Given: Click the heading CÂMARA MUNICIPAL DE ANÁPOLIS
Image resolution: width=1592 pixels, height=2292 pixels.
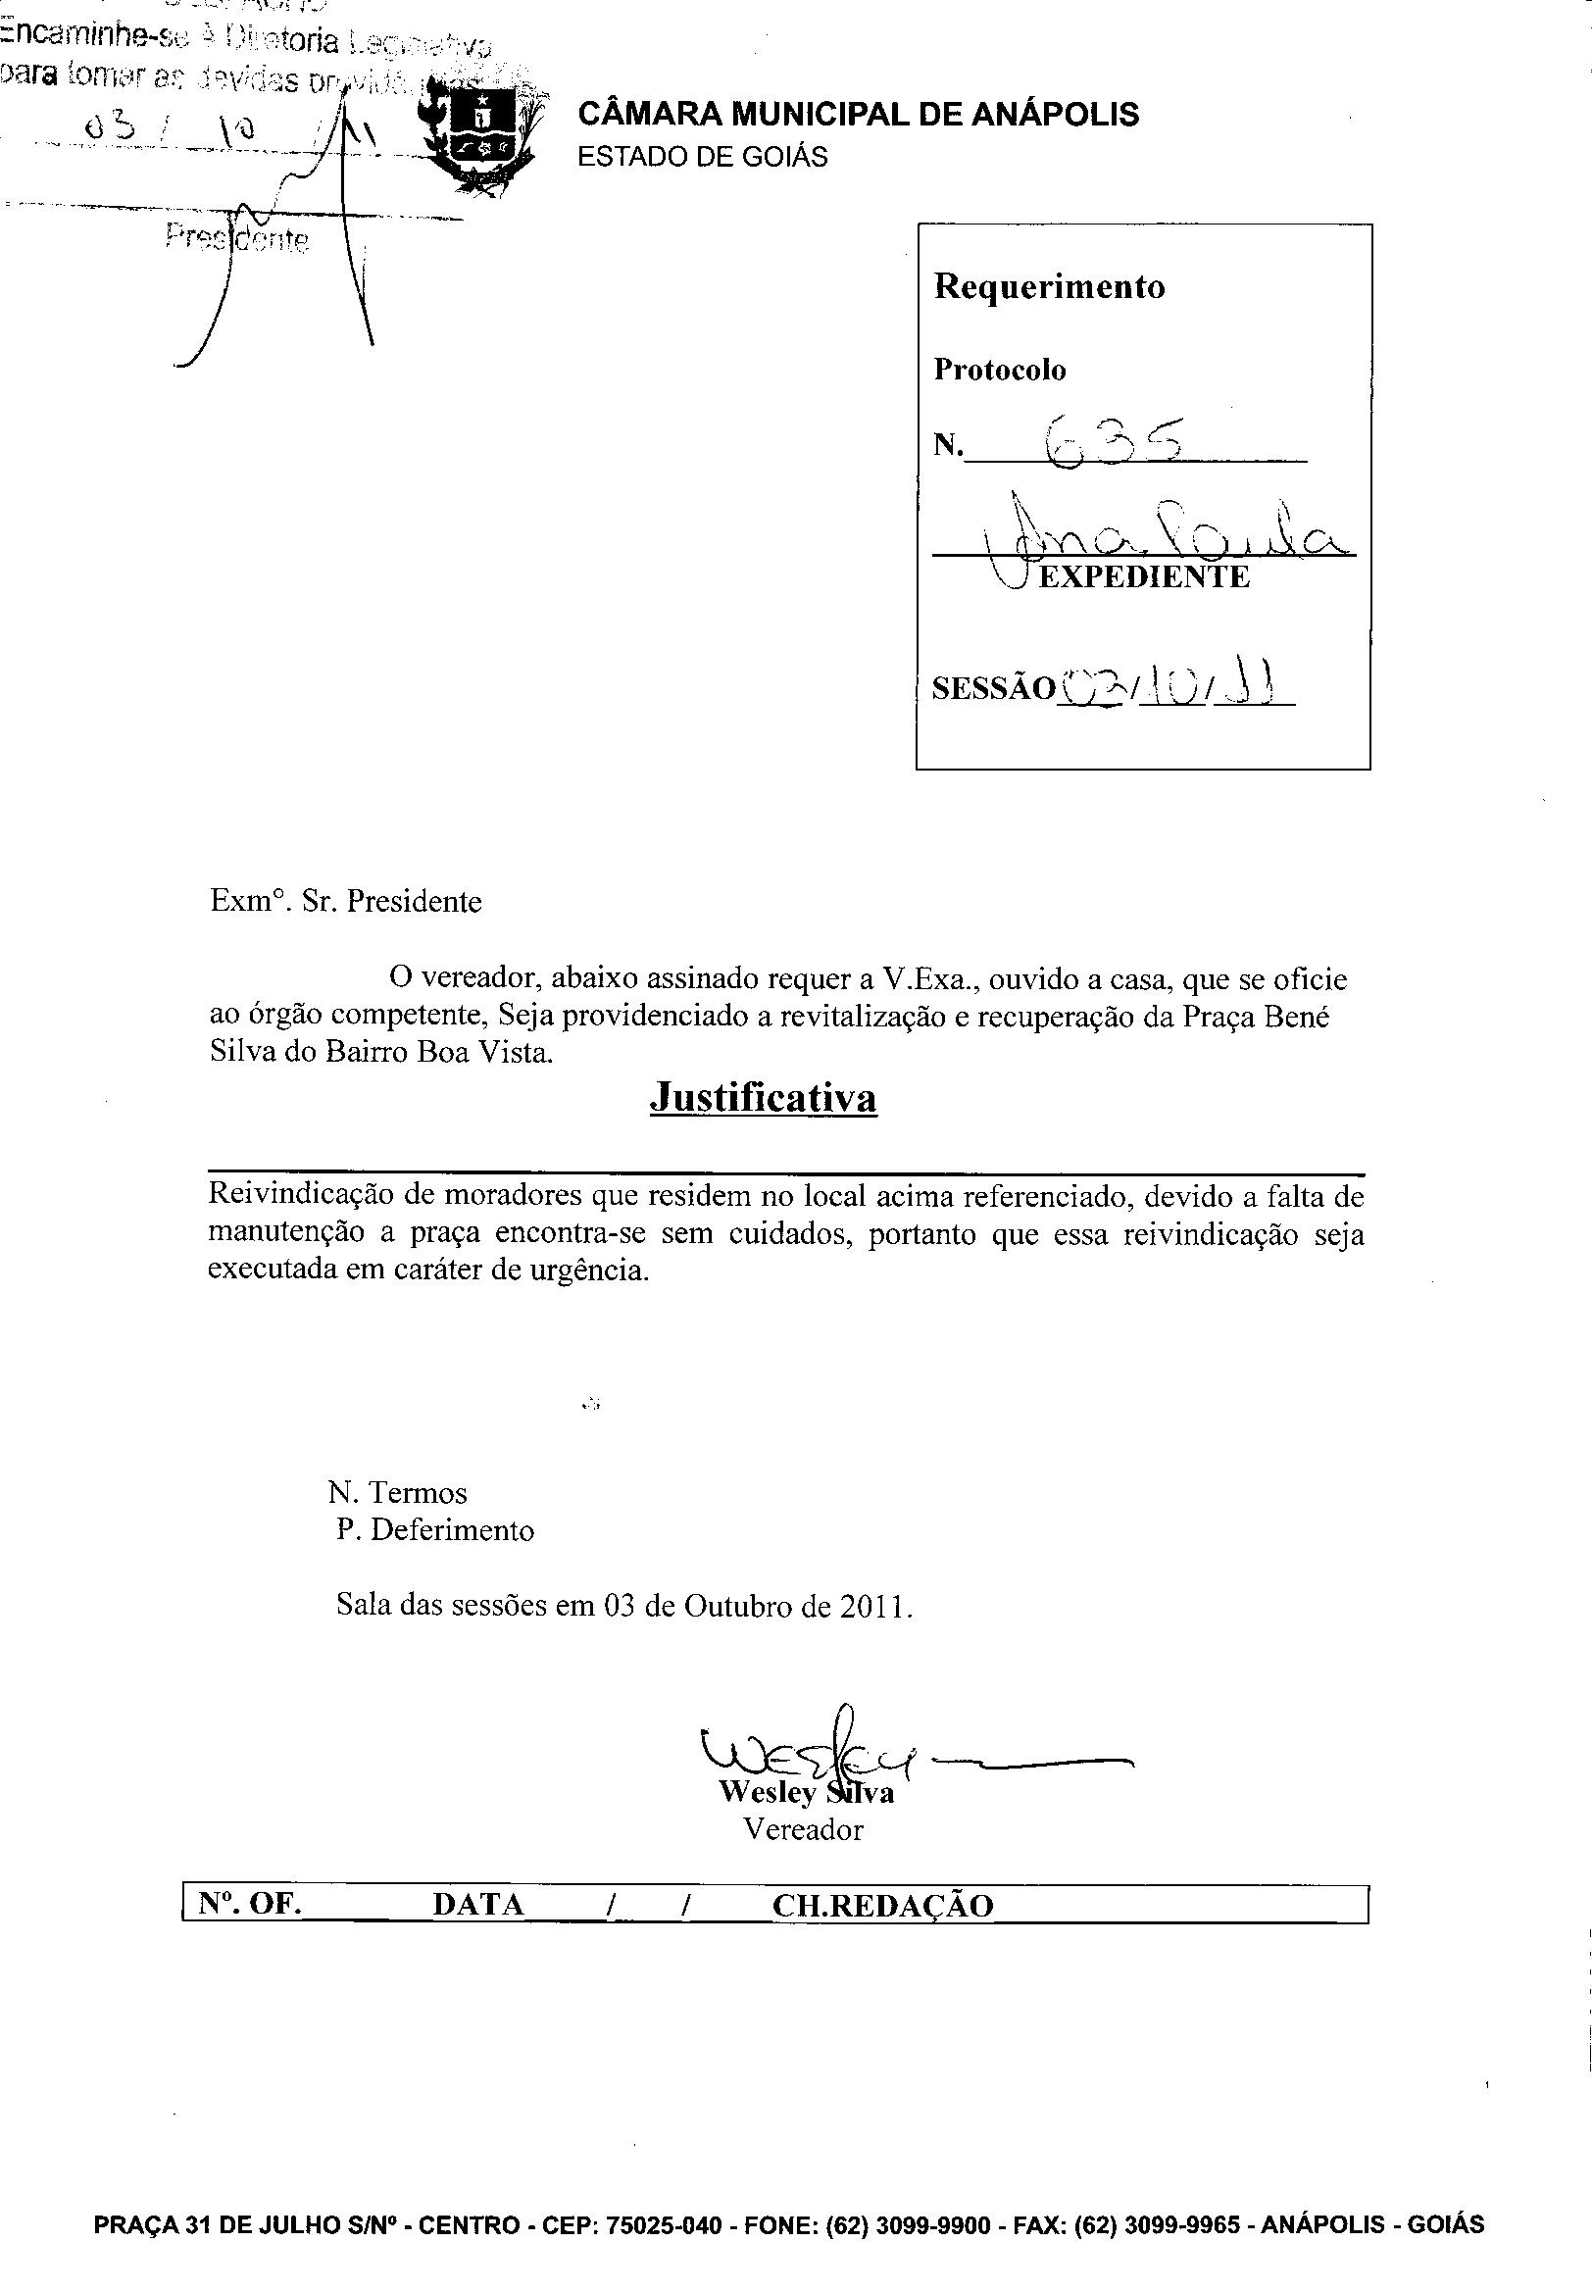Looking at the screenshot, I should (858, 115).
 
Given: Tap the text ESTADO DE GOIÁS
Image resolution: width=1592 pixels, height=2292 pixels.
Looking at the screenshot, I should (702, 158).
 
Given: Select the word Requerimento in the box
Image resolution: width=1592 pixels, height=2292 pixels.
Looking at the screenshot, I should (1048, 287).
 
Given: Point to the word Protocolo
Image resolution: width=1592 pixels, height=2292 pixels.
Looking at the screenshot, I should (1000, 370).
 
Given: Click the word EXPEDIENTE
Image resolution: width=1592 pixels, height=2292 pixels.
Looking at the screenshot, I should (1143, 577).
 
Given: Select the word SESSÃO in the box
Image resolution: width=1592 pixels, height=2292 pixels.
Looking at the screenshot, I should (992, 689).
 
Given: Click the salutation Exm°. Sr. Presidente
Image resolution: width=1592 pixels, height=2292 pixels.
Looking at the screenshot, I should (345, 902).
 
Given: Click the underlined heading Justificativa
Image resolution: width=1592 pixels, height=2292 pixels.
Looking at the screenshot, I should (762, 1098).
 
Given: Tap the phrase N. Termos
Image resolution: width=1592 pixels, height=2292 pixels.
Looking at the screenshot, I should (397, 1493).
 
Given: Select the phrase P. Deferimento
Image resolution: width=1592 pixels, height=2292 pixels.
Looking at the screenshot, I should (435, 1530).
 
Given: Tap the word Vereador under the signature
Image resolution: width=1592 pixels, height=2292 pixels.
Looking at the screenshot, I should (803, 1829).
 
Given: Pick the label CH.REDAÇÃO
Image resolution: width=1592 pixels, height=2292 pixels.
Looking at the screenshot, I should (883, 1905).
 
